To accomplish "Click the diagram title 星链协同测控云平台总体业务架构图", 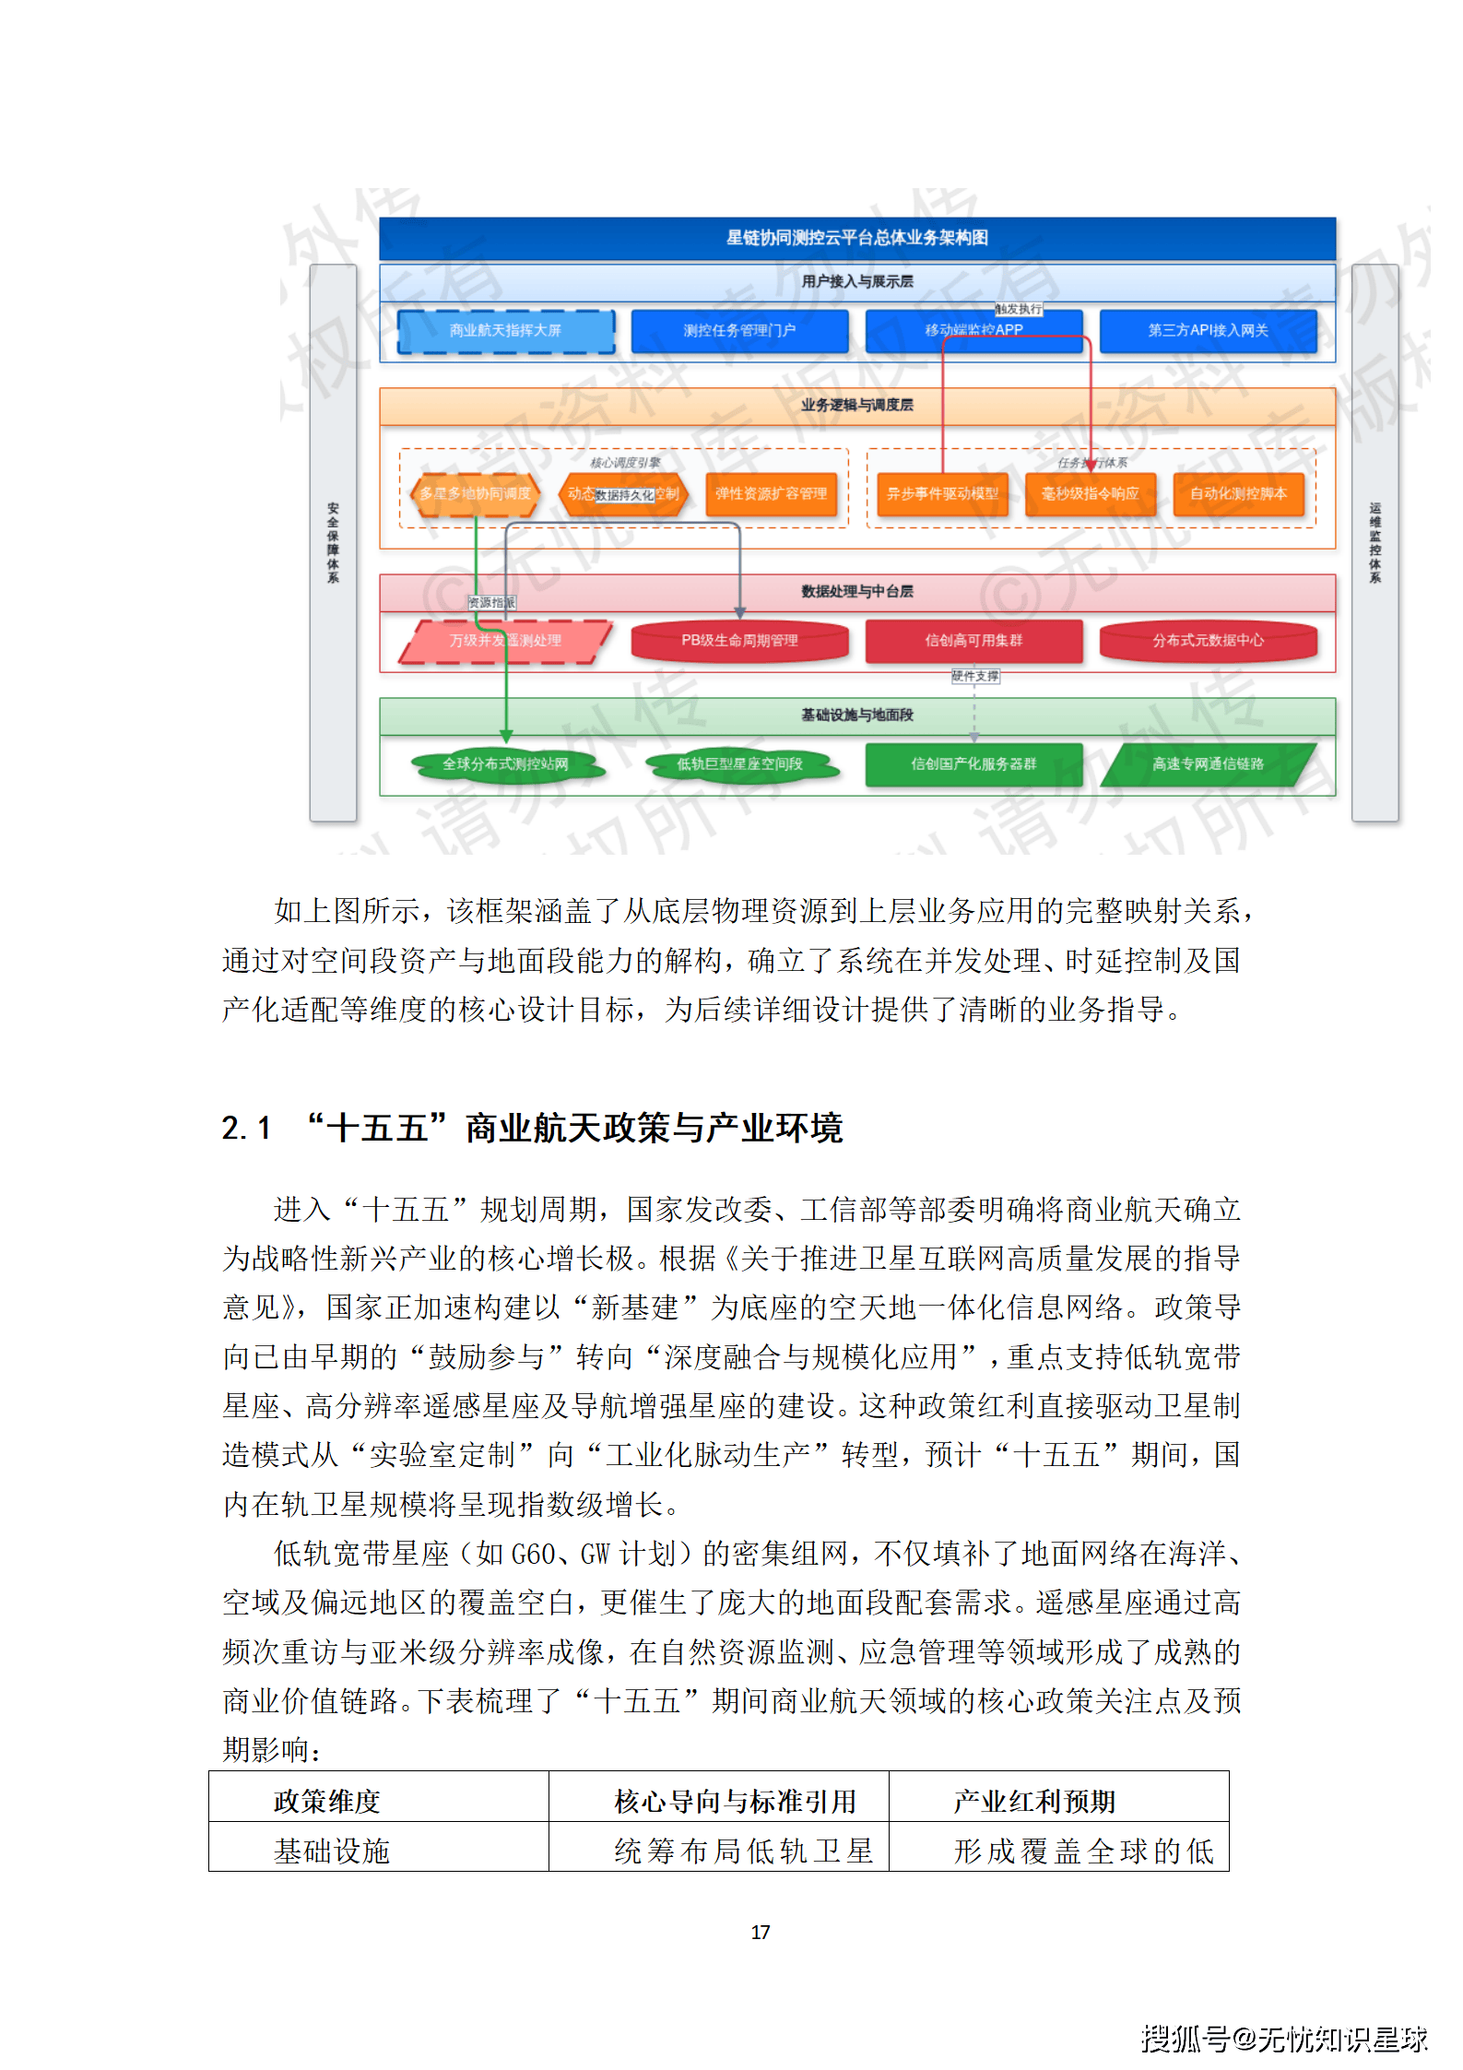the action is [856, 238].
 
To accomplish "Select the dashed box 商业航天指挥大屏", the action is [505, 331].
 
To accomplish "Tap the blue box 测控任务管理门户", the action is [739, 331].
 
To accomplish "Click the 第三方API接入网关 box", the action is [1208, 331].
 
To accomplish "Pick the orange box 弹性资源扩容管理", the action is [771, 493].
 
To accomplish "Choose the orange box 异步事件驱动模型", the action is [942, 493].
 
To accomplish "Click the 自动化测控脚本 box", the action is [1238, 493].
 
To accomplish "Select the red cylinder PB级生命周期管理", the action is [739, 641].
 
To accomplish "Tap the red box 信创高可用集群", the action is [973, 641].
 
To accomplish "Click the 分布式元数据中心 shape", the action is [1208, 641].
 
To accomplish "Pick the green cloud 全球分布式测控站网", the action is [505, 764].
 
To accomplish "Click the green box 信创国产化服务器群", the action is [973, 764].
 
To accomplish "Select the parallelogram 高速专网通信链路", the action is [1208, 764].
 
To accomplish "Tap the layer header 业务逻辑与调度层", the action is [856, 406].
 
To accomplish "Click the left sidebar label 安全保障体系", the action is [333, 542].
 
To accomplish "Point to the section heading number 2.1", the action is [246, 1129].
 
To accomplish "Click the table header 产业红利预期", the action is [1034, 1801].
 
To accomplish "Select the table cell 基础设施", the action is [332, 1851].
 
